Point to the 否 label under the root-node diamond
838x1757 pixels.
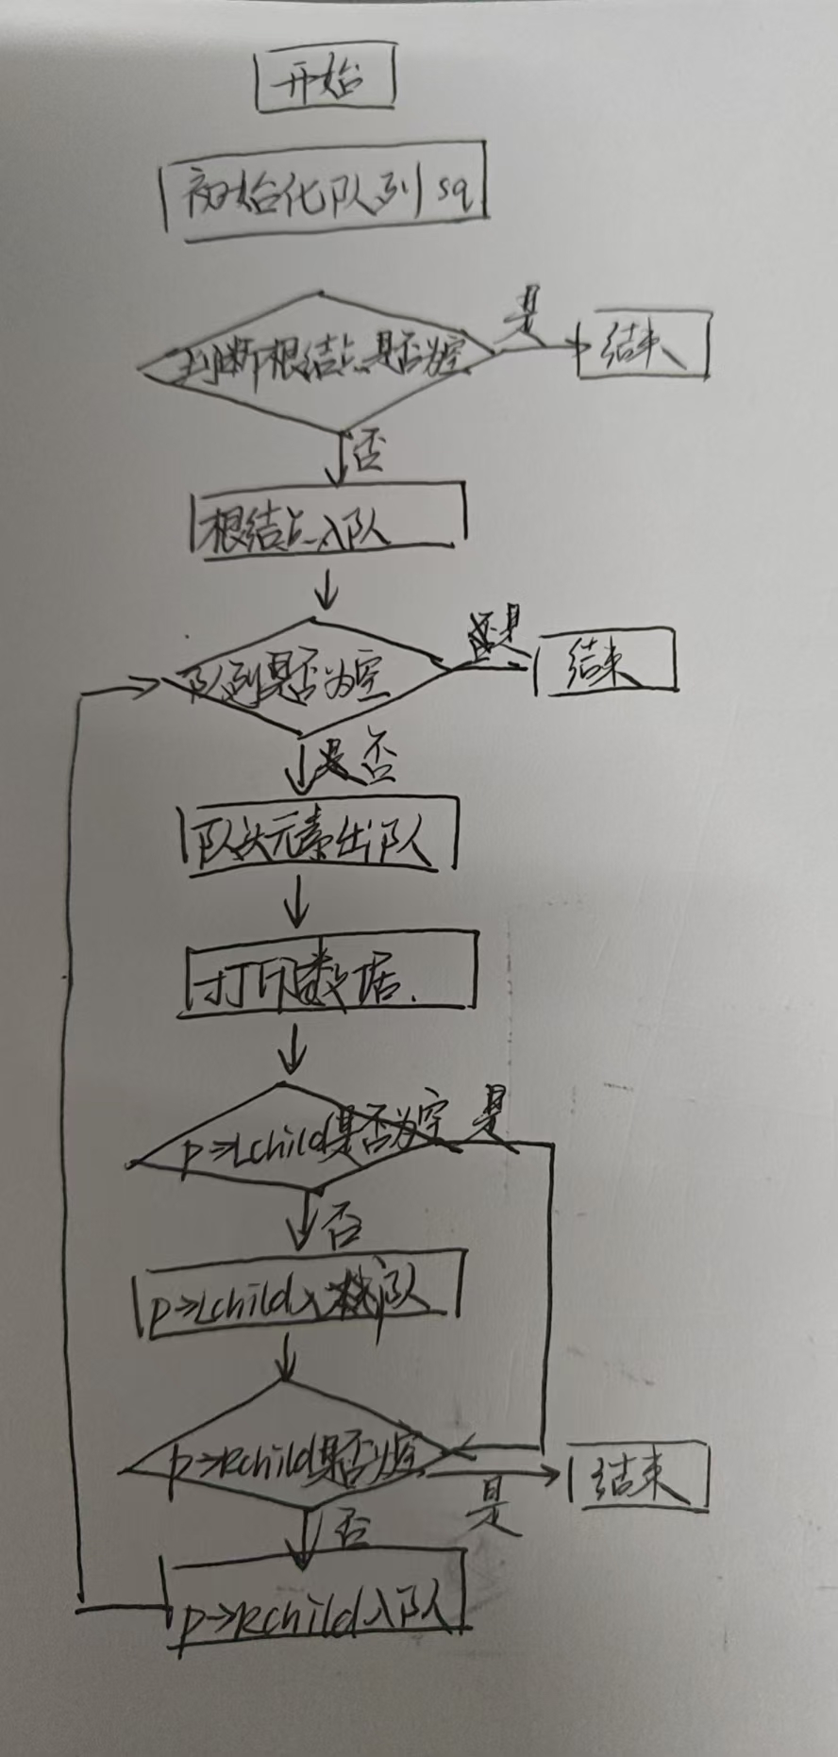(x=367, y=453)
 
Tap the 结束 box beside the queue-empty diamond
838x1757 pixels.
(x=605, y=661)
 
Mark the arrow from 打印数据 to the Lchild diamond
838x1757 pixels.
(x=295, y=1051)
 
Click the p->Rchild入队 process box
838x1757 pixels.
(x=317, y=1604)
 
